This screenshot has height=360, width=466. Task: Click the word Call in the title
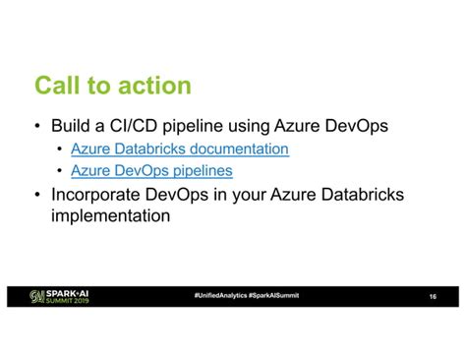(x=57, y=87)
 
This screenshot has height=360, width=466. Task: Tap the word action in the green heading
(x=153, y=87)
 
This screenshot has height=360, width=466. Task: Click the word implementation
(x=110, y=214)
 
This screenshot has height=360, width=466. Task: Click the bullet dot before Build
(x=36, y=128)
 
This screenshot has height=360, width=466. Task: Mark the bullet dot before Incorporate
(x=36, y=195)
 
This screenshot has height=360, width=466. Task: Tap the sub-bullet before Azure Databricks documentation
(x=60, y=150)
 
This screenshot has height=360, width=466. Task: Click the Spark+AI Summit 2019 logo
(x=60, y=296)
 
